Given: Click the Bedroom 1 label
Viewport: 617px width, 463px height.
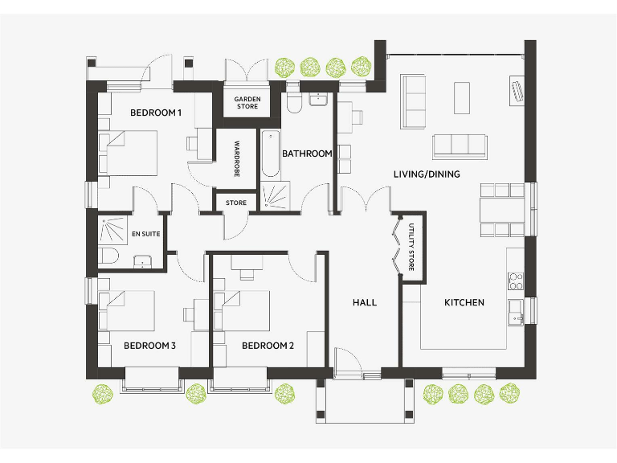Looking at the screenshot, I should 156,113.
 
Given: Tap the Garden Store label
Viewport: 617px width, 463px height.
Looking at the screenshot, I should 247,103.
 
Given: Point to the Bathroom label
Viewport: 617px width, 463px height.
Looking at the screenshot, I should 307,154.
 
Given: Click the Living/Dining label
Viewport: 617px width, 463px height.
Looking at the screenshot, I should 427,174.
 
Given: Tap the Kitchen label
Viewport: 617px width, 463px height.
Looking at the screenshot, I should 464,303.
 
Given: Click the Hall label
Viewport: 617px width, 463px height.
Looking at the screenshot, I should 365,303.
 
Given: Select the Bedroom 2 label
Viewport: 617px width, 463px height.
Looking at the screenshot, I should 268,346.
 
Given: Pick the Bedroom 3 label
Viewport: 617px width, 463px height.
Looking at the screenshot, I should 149,346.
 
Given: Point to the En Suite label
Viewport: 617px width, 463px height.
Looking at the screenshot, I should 145,235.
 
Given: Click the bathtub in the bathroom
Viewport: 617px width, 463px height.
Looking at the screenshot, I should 268,154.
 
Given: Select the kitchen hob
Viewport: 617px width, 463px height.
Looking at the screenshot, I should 515,281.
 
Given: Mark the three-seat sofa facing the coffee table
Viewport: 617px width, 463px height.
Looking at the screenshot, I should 460,145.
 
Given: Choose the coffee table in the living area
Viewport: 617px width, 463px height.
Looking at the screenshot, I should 462,98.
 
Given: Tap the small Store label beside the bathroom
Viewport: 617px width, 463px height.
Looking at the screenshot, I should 236,203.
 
